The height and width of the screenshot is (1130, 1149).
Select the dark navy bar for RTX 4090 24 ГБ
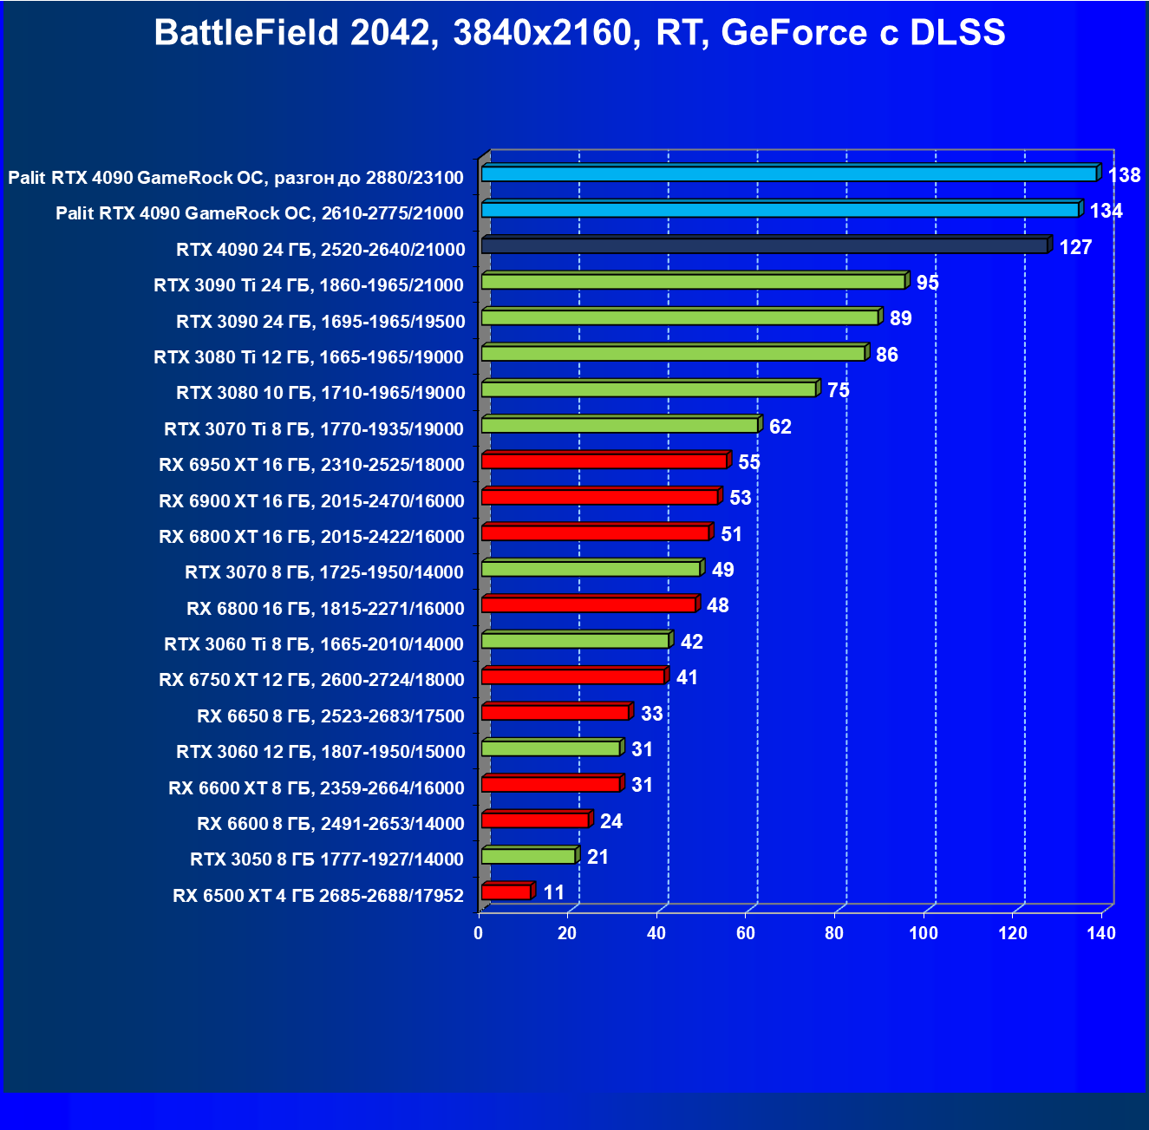[x=764, y=246]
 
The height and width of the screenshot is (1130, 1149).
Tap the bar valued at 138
[x=788, y=174]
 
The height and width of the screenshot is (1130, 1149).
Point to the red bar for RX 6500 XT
[x=506, y=892]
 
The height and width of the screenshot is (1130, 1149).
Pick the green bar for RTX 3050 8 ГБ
[x=528, y=857]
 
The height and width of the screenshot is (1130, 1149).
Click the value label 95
[x=927, y=283]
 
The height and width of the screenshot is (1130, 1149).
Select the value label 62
[x=780, y=427]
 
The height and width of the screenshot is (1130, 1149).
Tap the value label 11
[x=553, y=892]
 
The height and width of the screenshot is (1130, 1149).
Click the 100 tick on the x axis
[x=923, y=933]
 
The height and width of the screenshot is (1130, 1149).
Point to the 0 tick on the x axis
[x=478, y=933]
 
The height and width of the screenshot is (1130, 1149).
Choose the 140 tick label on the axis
[x=1100, y=933]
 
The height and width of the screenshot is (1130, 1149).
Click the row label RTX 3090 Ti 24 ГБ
[x=309, y=285]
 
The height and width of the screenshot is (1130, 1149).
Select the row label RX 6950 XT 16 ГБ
[x=311, y=465]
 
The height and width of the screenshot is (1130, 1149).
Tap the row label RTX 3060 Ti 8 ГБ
[x=314, y=644]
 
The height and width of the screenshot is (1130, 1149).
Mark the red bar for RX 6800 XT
[x=595, y=532]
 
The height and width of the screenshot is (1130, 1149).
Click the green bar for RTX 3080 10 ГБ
[x=649, y=389]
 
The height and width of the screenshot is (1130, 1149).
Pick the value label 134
[x=1106, y=211]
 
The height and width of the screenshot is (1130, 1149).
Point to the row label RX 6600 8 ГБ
[x=330, y=824]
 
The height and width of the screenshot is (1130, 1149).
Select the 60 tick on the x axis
[x=745, y=933]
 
